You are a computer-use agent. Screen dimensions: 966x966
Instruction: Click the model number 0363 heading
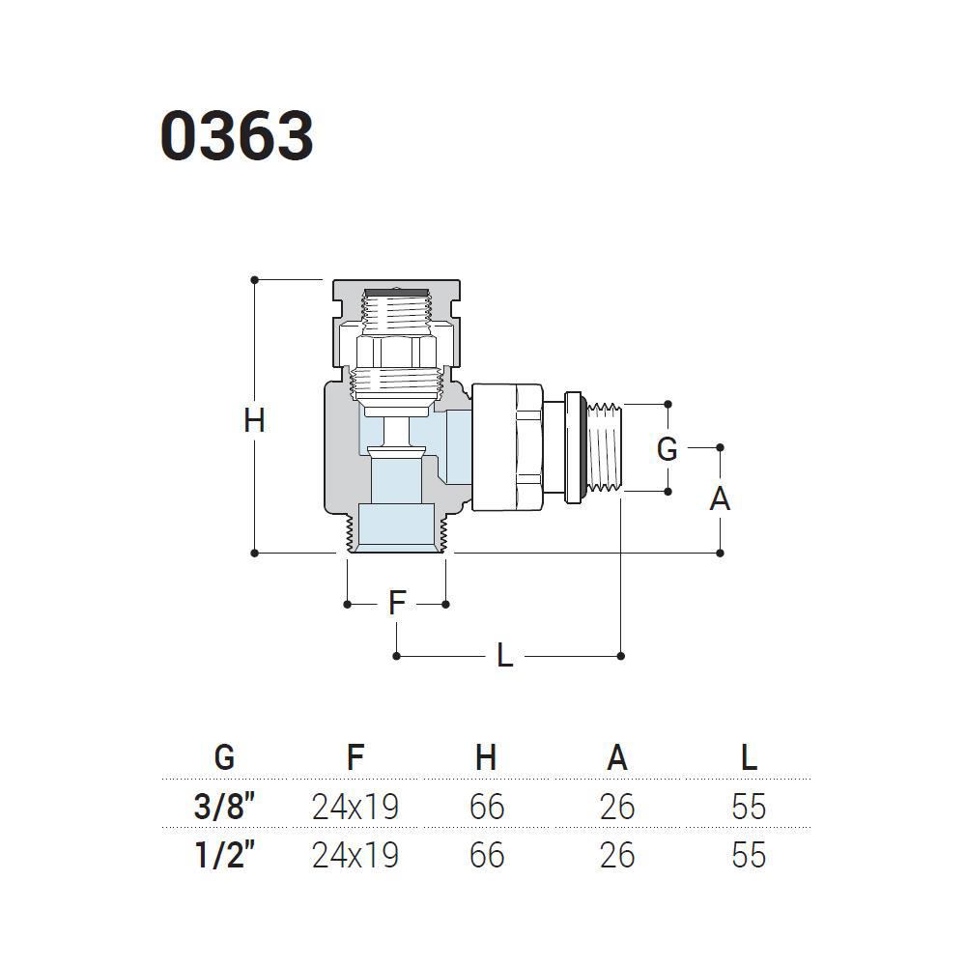click(x=238, y=136)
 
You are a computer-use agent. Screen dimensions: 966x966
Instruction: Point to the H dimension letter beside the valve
click(x=254, y=421)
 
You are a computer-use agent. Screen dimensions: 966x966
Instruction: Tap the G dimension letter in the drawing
click(x=668, y=448)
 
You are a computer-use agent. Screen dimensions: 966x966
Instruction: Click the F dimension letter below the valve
click(x=397, y=603)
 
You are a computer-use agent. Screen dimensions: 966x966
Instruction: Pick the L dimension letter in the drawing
click(x=504, y=655)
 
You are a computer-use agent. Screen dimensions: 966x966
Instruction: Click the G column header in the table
click(x=224, y=756)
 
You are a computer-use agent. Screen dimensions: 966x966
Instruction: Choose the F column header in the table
click(x=355, y=756)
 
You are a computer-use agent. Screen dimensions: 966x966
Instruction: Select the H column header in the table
click(x=486, y=756)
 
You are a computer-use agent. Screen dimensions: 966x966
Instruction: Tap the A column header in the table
click(x=617, y=756)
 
